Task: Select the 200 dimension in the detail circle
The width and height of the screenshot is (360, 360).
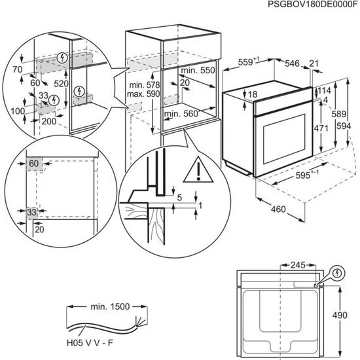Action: [x=48, y=122]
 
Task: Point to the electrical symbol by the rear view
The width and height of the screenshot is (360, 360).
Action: [x=338, y=272]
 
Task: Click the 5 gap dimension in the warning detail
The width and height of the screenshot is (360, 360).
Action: [x=179, y=196]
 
